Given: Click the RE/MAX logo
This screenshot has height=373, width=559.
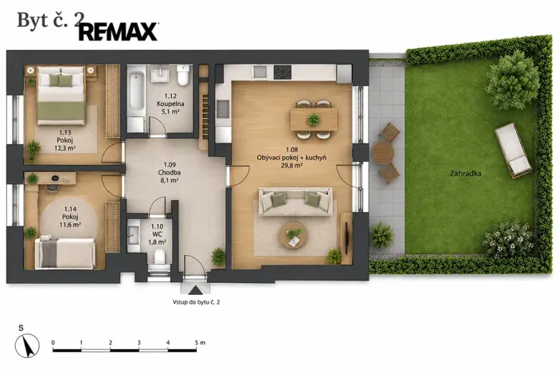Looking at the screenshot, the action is [119, 31].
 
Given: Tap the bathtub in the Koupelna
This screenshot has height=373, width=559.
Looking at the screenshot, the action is [136, 93].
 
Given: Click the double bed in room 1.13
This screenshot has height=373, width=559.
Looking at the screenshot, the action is [61, 96].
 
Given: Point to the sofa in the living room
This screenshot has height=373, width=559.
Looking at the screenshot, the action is [295, 202].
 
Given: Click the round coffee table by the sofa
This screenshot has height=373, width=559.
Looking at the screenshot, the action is [293, 235].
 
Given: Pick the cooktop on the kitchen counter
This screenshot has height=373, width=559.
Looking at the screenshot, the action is [283, 72].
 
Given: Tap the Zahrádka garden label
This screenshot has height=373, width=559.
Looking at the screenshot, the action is [466, 174].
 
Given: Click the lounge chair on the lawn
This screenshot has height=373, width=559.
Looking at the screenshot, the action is [513, 150].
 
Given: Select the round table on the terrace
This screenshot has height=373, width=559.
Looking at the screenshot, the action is [383, 153].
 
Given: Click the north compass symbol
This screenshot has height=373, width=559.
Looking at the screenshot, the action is [27, 346].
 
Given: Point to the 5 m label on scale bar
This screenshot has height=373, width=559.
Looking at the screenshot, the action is [201, 343].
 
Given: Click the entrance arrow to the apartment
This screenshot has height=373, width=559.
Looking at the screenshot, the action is [195, 290].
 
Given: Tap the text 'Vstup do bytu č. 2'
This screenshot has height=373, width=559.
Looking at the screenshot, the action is [196, 302].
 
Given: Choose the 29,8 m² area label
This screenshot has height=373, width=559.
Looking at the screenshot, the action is [291, 165].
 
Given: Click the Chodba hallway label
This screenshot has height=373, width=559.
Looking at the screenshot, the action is [170, 172].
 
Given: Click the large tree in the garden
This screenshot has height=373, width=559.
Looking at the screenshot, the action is [512, 82].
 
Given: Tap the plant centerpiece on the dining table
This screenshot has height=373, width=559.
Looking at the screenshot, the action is [314, 120].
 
